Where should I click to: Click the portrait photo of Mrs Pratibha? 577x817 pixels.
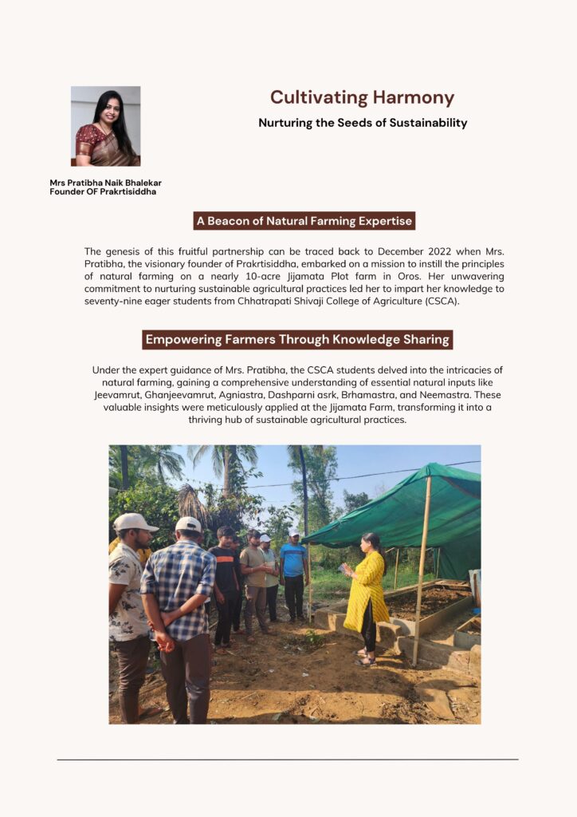[x=105, y=126]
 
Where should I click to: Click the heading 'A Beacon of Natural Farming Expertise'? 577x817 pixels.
[x=304, y=221]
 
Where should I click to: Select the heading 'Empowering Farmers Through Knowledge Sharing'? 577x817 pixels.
[x=297, y=339]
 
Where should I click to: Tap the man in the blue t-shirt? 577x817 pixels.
[x=294, y=570]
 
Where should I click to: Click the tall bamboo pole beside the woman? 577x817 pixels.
[x=422, y=570]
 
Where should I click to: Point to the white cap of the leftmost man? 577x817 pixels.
[x=133, y=522]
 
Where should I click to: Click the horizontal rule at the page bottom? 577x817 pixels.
[x=288, y=759]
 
